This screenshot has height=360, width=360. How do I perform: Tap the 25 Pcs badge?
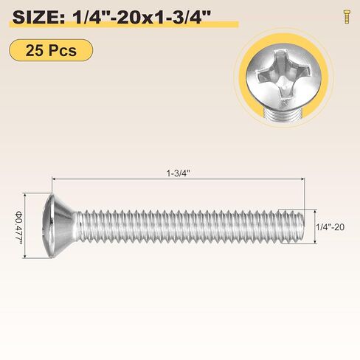(52, 50)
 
